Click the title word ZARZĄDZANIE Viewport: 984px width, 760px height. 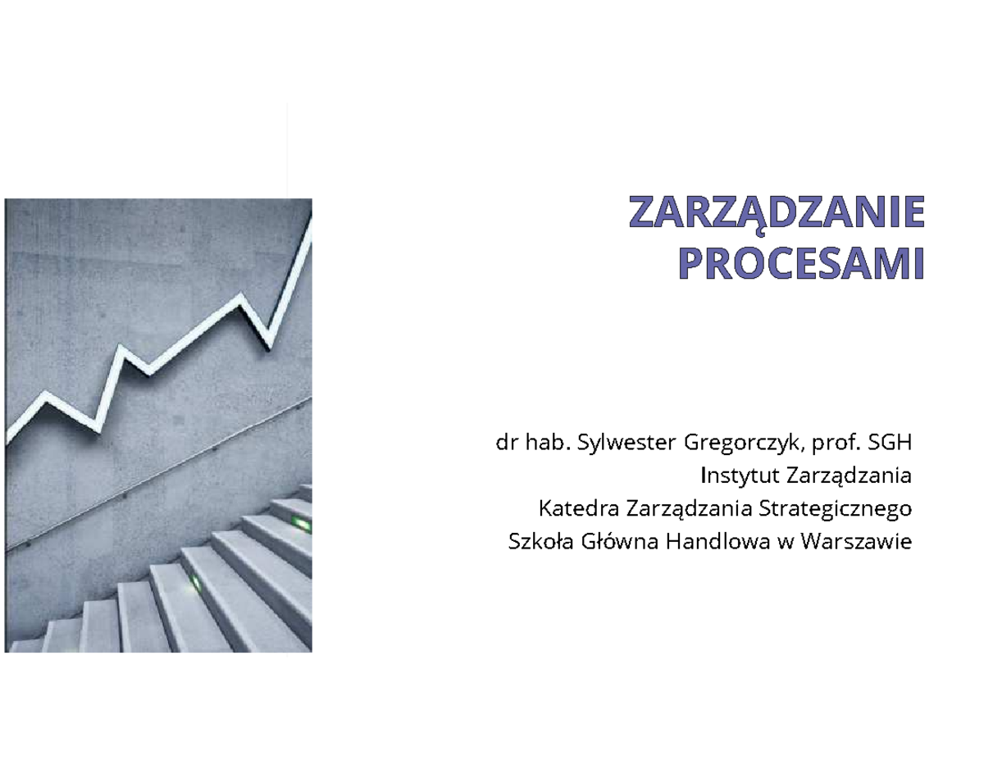776,212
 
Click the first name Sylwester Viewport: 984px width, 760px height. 626,444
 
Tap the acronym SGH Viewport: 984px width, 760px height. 891,444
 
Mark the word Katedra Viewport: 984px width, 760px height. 578,508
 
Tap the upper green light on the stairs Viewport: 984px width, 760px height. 300,522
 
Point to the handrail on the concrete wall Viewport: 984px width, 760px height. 164,476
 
